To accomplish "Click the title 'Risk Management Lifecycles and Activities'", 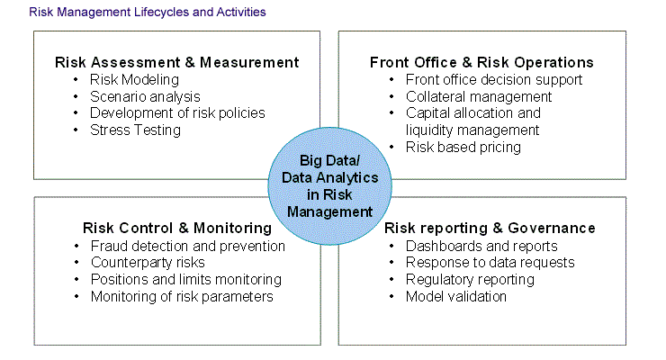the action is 148,12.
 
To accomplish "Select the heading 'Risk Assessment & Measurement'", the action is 176,62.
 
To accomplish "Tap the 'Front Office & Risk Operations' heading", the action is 481,62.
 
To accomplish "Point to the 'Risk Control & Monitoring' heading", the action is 177,228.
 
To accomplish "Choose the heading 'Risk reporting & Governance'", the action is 490,228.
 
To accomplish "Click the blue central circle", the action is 329,186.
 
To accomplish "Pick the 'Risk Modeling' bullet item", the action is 134,80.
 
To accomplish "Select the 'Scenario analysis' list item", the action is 145,97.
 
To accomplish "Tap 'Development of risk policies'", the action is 177,113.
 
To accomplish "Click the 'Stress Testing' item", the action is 135,130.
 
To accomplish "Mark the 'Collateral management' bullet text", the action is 479,97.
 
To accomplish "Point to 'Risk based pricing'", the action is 463,148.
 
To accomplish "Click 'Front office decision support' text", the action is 494,80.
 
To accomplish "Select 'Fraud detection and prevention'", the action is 188,247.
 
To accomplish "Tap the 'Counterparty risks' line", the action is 148,263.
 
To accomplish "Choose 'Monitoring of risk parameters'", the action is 182,296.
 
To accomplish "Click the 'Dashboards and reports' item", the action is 481,247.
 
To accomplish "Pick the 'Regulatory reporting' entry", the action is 470,280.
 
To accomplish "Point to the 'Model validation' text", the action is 456,296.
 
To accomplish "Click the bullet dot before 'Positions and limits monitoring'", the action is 76,279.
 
